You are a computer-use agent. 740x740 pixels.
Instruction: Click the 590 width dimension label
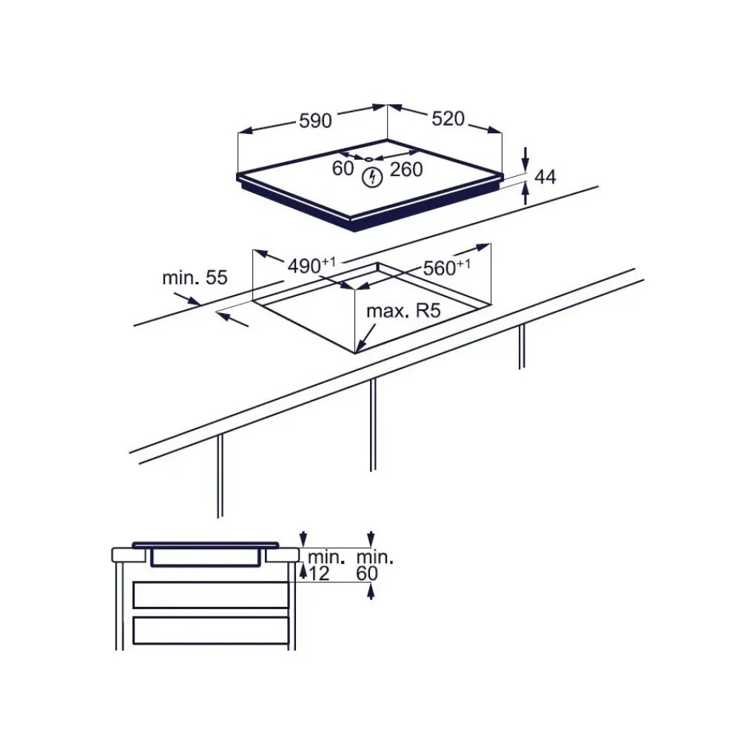[315, 121]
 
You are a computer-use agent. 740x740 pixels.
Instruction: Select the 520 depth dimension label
[448, 118]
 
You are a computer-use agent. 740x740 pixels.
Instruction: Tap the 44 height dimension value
[545, 177]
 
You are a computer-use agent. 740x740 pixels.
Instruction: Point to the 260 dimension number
[406, 169]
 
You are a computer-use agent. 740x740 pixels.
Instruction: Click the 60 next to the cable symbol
[343, 169]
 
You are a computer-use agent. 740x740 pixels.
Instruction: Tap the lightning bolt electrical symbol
[373, 178]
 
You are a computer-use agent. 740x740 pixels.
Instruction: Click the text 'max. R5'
[403, 311]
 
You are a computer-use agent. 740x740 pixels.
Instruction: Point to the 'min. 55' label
[195, 278]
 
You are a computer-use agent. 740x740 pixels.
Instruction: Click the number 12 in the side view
[319, 573]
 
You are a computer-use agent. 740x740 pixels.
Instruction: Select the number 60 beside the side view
[367, 573]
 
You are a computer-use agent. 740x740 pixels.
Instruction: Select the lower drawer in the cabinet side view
[210, 630]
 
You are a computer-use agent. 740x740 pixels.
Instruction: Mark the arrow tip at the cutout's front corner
[357, 349]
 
